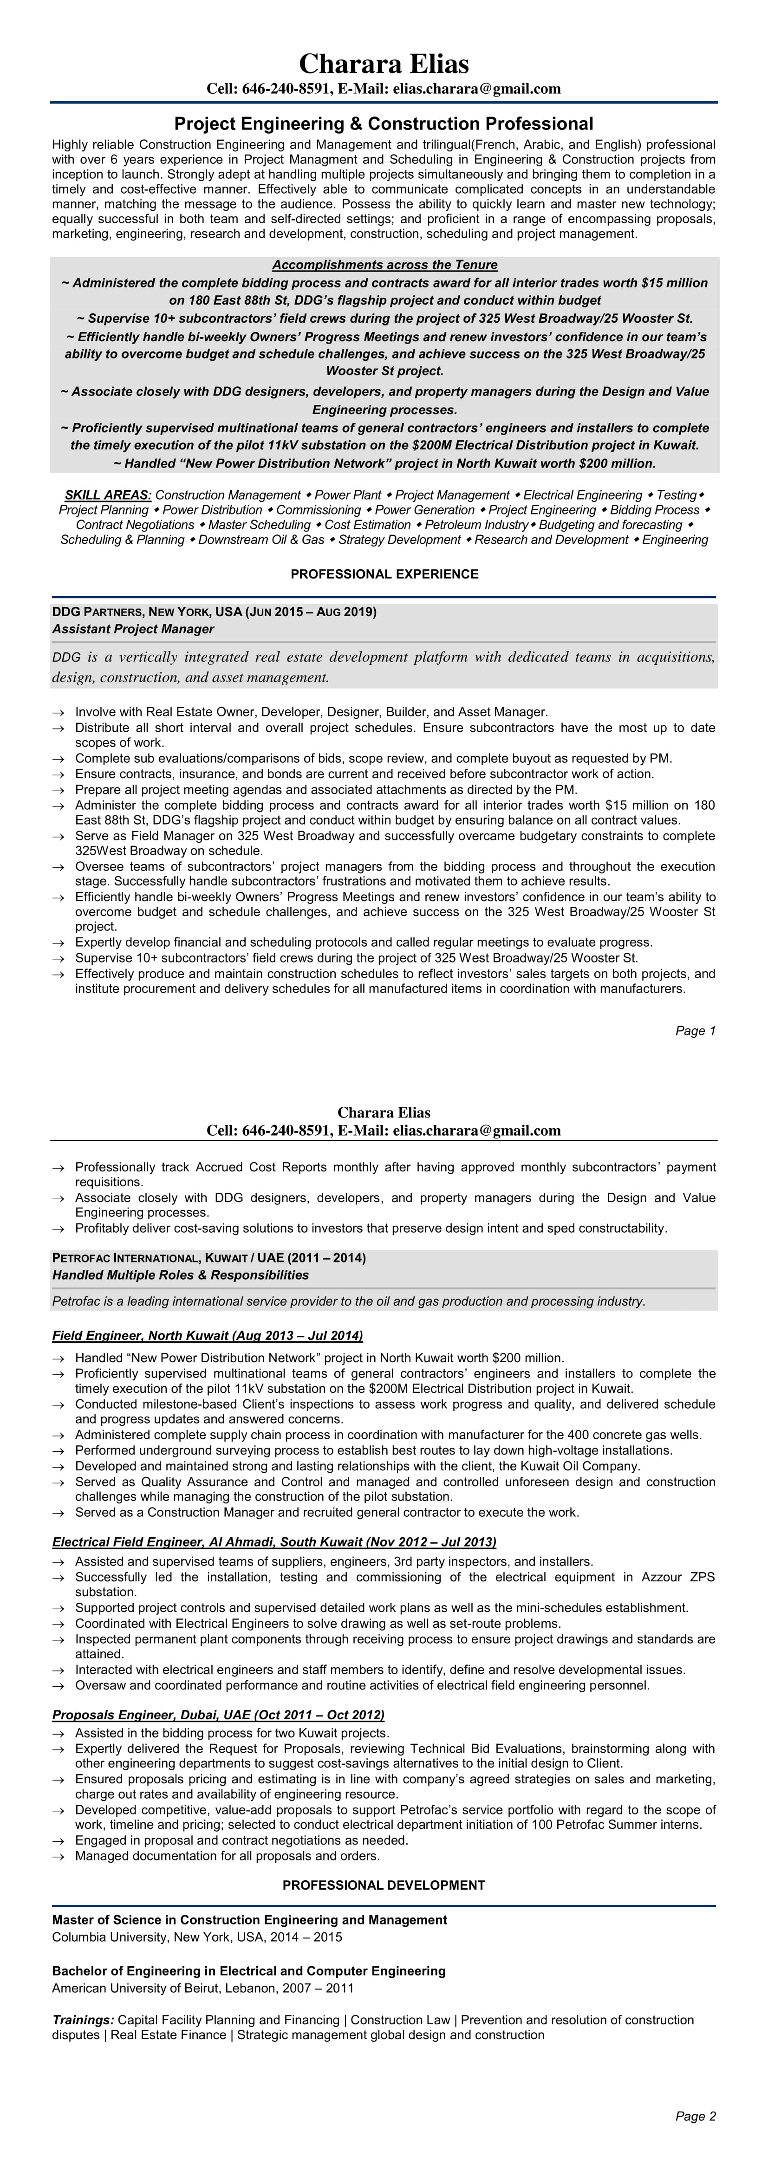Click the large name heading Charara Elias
coord(384,64)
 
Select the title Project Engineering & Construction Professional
coord(384,124)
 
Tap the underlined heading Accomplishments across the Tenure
coord(384,265)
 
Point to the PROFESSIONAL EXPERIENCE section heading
coord(384,574)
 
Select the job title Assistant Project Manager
coord(133,629)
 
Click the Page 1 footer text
coord(696,1031)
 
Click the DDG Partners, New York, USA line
coord(214,611)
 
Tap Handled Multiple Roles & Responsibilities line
coord(181,1275)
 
